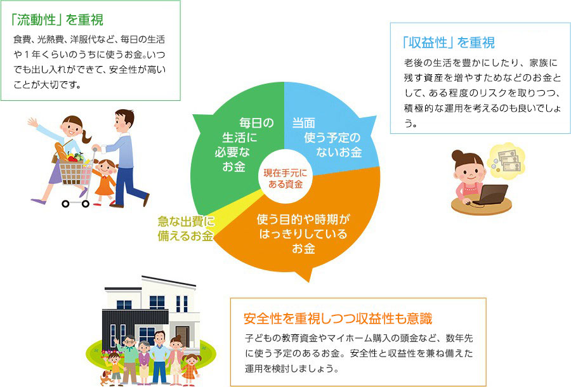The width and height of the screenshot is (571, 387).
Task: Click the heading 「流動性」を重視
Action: pyautogui.click(x=57, y=20)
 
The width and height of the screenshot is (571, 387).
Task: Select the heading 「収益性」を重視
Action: pyautogui.click(x=449, y=43)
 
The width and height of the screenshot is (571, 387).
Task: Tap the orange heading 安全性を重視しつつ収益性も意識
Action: pyautogui.click(x=338, y=318)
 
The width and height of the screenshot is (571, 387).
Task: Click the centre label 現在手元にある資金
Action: pyautogui.click(x=285, y=178)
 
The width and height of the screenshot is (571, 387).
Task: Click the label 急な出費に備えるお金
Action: pyautogui.click(x=186, y=228)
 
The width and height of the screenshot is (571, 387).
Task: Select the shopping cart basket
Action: pyautogui.click(x=75, y=172)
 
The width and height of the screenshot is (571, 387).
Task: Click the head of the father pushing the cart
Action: pyautogui.click(x=124, y=120)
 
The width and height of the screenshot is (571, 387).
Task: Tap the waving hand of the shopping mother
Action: pyautogui.click(x=33, y=122)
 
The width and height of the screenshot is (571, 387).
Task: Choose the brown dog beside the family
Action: pyautogui.click(x=106, y=378)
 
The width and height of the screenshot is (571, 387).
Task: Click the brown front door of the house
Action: pyautogui.click(x=183, y=336)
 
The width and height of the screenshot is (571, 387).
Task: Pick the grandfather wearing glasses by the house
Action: pyautogui.click(x=129, y=358)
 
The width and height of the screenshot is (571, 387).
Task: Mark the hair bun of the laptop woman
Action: pyautogui.click(x=457, y=155)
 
